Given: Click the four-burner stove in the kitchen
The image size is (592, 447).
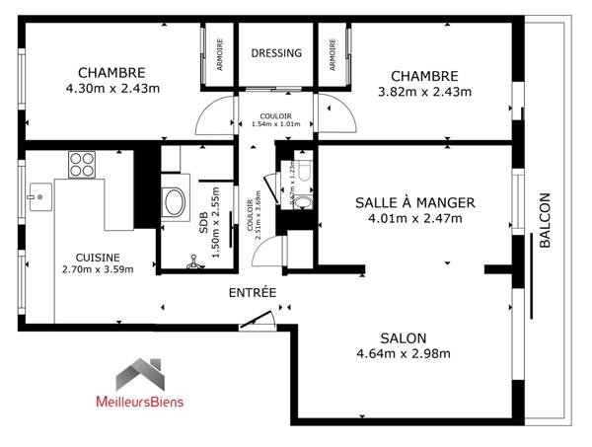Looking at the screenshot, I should (x=81, y=163).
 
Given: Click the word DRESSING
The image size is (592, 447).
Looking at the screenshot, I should (x=275, y=53).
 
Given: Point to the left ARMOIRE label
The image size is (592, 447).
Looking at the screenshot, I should (x=220, y=53).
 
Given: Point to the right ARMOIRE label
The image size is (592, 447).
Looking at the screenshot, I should (x=333, y=53).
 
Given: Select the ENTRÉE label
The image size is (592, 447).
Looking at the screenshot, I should (x=252, y=293).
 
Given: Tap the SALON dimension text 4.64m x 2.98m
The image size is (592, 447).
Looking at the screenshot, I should (x=404, y=354).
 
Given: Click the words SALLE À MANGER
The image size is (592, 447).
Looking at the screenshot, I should (x=414, y=202).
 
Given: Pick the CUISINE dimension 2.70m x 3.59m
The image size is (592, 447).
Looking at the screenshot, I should (x=97, y=268).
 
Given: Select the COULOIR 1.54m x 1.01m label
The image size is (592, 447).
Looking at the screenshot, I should (x=274, y=120).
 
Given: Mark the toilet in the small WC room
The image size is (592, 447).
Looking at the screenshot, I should (x=304, y=172).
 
